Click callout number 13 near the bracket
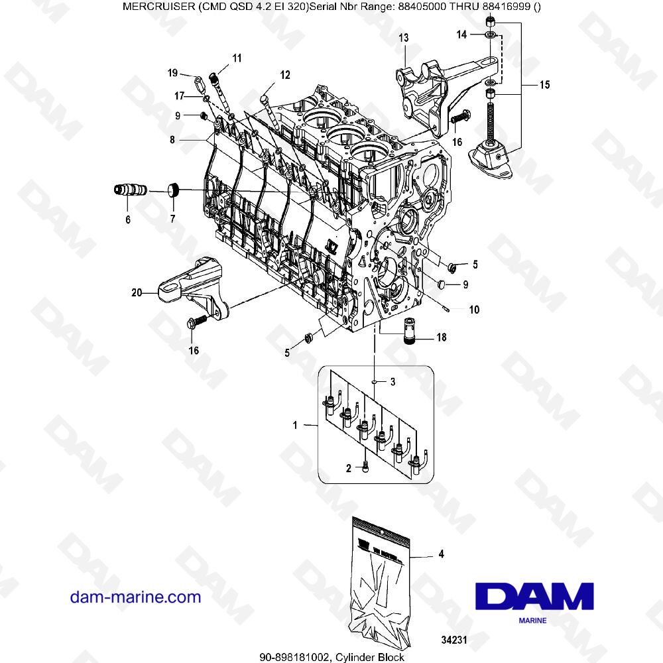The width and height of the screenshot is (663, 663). [x=404, y=39]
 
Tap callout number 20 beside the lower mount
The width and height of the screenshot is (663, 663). [x=137, y=291]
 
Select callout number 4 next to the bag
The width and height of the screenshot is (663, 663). [x=441, y=554]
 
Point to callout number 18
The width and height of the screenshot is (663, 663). [x=441, y=337]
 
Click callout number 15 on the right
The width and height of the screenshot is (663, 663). [x=544, y=85]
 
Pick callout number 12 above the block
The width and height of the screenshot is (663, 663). [x=284, y=76]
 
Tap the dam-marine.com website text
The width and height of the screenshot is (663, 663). [x=135, y=597]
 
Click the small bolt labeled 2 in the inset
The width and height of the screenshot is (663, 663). [x=366, y=467]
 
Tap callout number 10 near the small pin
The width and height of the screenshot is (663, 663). [x=474, y=310]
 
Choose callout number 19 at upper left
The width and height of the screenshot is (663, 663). [x=172, y=72]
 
